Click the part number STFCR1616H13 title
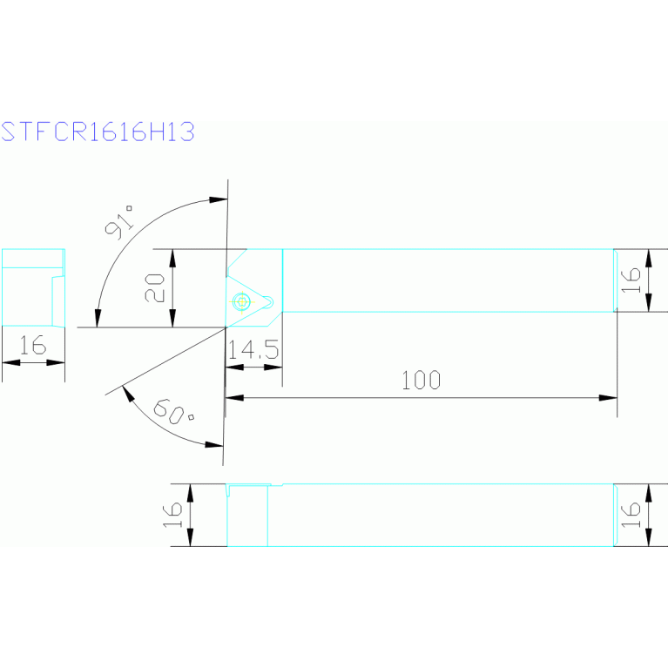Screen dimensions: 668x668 tap(97, 132)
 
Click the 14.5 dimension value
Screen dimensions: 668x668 tap(253, 350)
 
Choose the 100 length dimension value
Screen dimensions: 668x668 tap(422, 380)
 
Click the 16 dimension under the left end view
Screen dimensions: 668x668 tap(32, 346)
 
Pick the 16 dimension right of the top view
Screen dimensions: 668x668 tap(632, 279)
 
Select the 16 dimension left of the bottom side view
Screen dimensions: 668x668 tap(173, 515)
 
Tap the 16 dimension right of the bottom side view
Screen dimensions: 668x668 tap(633, 515)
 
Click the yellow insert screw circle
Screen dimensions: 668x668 tap(242, 301)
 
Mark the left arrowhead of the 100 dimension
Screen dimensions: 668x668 tap(232, 398)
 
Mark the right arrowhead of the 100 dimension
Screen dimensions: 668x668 tap(611, 398)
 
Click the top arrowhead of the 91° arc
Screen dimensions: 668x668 tap(219, 200)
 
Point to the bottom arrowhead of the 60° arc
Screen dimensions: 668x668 tap(216, 445)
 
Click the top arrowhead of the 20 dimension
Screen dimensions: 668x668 tap(172, 254)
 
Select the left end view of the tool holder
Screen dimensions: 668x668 tap(33, 288)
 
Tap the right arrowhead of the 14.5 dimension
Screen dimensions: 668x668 tap(276, 367)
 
